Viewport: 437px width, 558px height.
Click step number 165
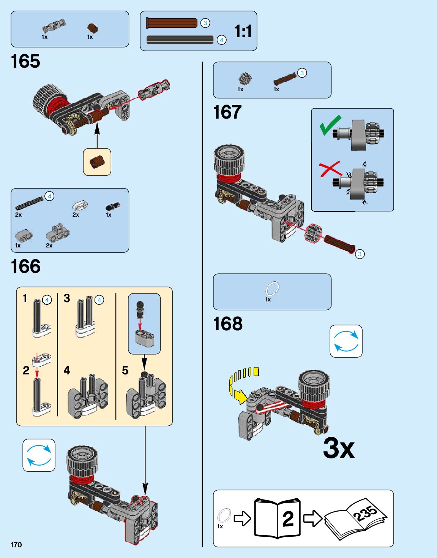pos(25,61)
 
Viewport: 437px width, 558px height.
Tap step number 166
pos(25,266)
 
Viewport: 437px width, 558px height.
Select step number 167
pos(227,113)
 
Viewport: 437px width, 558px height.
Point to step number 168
pos(227,324)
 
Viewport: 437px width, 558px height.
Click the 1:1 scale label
pos(243,31)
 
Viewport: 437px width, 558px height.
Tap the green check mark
pos(330,125)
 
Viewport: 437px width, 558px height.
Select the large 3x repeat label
pos(339,448)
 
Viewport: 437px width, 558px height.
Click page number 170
pos(16,545)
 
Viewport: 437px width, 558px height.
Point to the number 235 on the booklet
pos(365,513)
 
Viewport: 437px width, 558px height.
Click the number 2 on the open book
pos(288,518)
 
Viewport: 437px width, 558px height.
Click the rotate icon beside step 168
pos(346,341)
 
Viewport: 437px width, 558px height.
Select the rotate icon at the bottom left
pos(39,455)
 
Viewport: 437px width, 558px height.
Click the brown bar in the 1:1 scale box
pos(172,23)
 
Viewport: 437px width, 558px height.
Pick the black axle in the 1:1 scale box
pos(180,40)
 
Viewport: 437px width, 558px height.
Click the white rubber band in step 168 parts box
pos(272,289)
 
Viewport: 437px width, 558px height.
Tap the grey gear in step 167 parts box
pos(245,79)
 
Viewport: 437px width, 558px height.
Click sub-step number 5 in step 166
pos(125,370)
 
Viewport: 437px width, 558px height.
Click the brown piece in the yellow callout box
pos(97,162)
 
